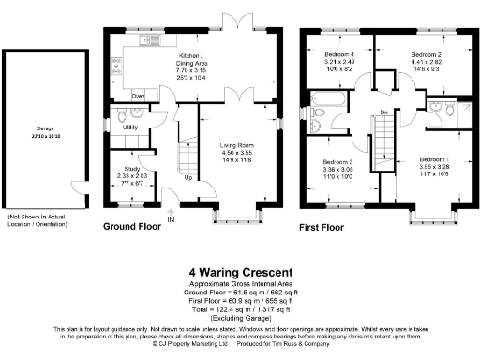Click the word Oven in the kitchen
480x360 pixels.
point(138,96)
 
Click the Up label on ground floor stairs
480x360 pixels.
point(188,176)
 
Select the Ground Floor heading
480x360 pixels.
point(133,227)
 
